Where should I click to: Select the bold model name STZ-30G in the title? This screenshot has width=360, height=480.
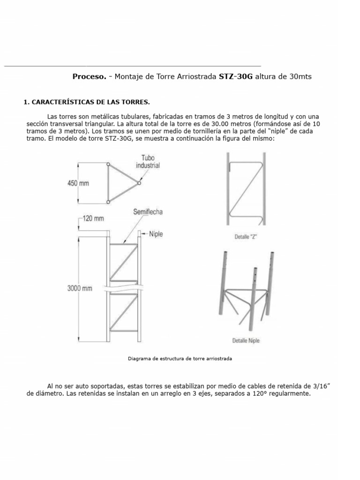pyautogui.click(x=236, y=76)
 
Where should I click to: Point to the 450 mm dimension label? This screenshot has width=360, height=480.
pyautogui.click(x=78, y=183)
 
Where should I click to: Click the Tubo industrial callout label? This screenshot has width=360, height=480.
pyautogui.click(x=148, y=162)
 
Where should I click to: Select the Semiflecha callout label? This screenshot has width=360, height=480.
pyautogui.click(x=147, y=212)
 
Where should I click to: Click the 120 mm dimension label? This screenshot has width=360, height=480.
pyautogui.click(x=93, y=218)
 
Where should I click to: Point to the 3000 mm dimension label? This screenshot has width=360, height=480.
pyautogui.click(x=80, y=289)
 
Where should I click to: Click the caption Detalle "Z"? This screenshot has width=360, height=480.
pyautogui.click(x=246, y=237)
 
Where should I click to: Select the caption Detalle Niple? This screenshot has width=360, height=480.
pyautogui.click(x=246, y=340)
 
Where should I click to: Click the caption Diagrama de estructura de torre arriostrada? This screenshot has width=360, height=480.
pyautogui.click(x=180, y=359)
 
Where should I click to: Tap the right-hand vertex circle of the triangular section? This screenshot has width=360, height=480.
pyautogui.click(x=139, y=183)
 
